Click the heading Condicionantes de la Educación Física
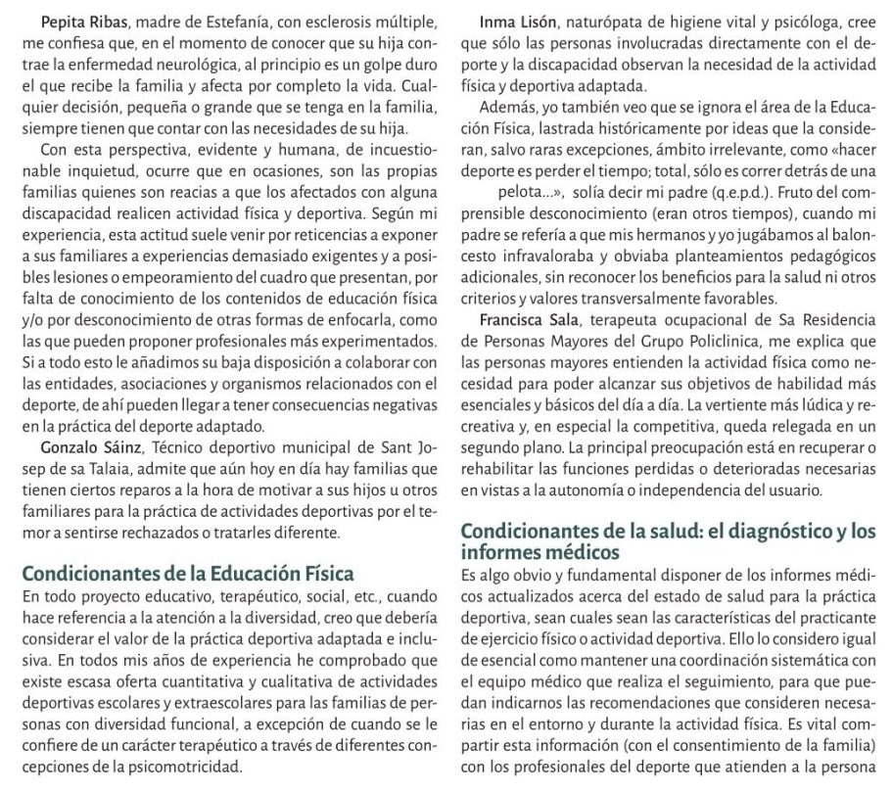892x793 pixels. pos(187,573)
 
